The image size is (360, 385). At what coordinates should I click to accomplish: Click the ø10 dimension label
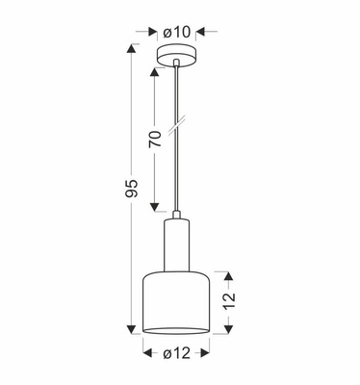(x=179, y=32)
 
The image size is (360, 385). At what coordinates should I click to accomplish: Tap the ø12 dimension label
(x=179, y=353)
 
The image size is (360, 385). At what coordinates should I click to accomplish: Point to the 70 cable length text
(x=153, y=141)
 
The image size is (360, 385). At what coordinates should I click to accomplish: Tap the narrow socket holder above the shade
(x=179, y=245)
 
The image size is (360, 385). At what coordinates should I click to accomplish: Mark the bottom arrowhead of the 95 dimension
(x=133, y=330)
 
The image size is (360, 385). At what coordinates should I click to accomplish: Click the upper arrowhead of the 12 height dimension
(x=230, y=272)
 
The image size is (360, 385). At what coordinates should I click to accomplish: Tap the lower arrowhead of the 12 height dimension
(x=230, y=329)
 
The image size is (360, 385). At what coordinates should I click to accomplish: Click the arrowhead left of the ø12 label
(x=147, y=353)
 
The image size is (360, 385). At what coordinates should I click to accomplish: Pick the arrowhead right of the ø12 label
(x=211, y=353)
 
